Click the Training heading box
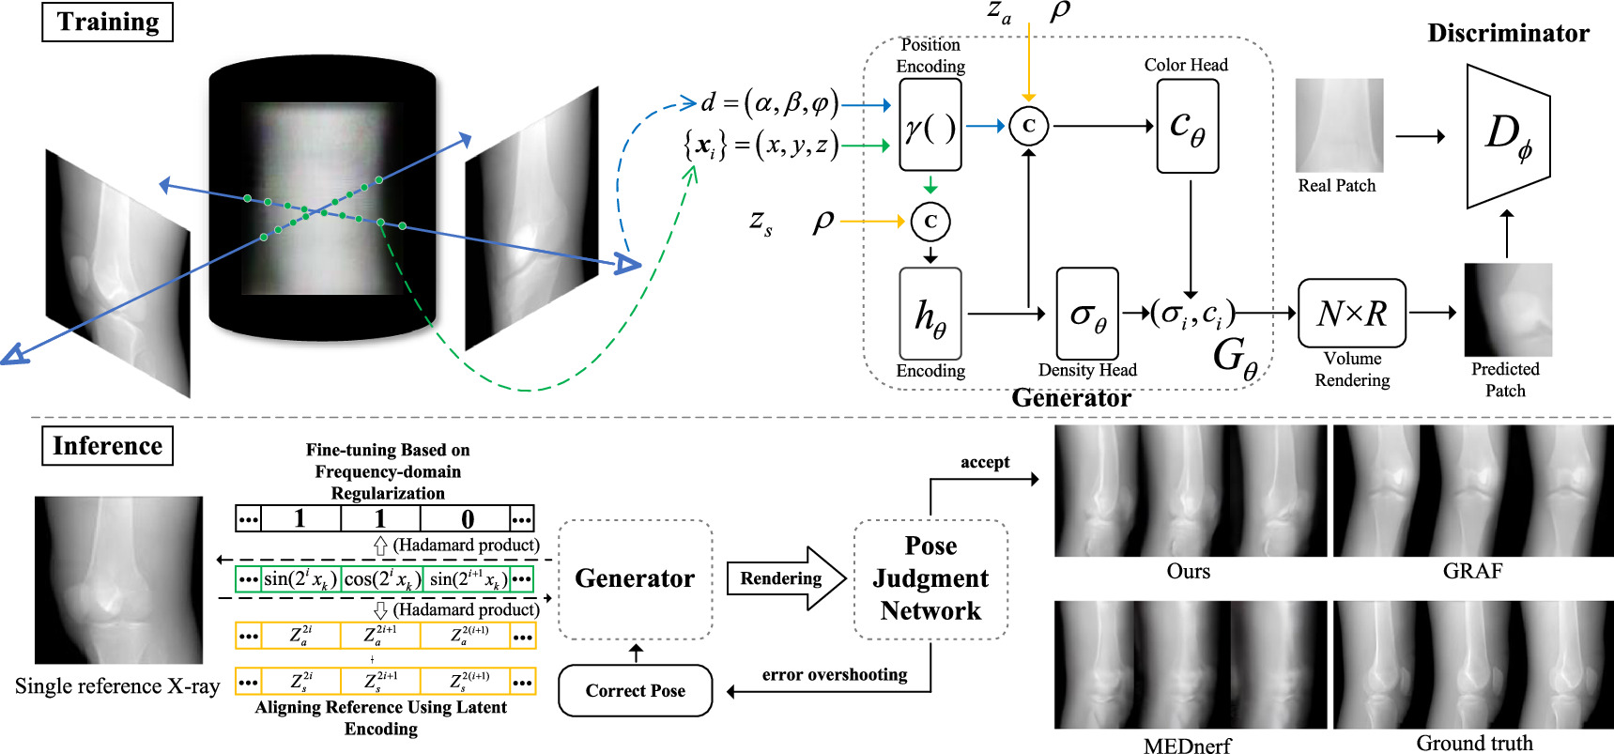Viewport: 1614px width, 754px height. coord(107,23)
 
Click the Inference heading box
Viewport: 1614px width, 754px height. coord(107,446)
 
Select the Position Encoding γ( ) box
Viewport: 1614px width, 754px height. coord(930,125)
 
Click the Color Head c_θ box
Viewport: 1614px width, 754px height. coord(1187,126)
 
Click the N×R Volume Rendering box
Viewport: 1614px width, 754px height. coord(1351,314)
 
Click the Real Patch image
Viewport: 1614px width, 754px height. coord(1339,125)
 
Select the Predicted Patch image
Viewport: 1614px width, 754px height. coord(1507,309)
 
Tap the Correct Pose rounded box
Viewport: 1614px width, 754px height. coord(636,691)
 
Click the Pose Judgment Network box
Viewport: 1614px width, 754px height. coord(930,579)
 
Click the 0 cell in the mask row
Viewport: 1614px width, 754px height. coord(467,518)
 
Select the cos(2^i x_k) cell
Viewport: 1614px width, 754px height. coord(380,579)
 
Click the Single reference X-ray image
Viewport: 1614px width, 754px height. coord(118,580)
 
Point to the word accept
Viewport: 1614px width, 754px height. coord(985,462)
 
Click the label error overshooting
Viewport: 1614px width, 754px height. coord(834,674)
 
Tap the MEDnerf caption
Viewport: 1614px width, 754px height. coord(1187,746)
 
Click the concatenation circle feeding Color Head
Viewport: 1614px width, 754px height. coord(1028,126)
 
